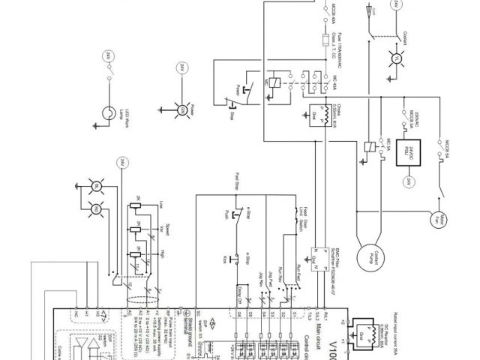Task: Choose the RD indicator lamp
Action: [96, 209]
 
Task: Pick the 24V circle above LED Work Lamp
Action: [109, 55]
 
